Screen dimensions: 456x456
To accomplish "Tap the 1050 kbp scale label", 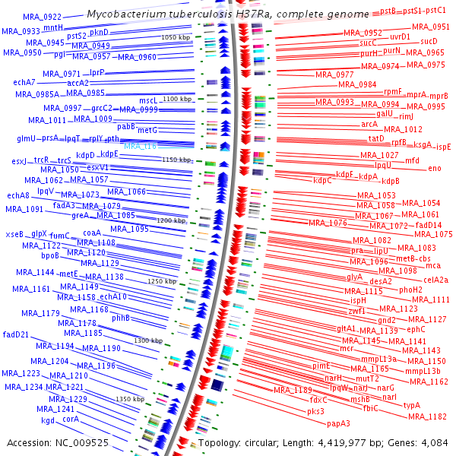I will [176, 37].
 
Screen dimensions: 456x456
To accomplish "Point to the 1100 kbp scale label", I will [178, 100].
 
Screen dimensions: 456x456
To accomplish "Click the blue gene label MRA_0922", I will [43, 17].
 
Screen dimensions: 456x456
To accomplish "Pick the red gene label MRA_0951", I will [430, 27].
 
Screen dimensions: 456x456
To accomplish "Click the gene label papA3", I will [338, 423].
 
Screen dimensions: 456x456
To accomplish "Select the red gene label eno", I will [434, 168].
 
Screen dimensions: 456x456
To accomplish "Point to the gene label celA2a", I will [435, 280].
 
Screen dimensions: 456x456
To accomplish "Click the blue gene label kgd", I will [48, 420].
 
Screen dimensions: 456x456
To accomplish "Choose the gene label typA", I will [411, 405].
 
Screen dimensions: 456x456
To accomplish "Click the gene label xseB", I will [14, 234].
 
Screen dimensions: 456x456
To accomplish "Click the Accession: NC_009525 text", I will [57, 442].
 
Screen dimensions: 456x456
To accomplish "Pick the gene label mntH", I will [63, 27].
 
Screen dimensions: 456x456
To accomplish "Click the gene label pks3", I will [315, 411].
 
